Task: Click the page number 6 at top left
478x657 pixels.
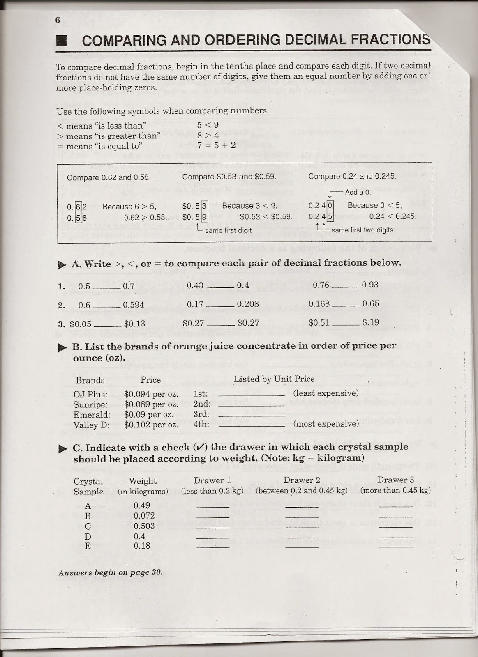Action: (58, 21)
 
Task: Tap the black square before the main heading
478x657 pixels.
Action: (62, 41)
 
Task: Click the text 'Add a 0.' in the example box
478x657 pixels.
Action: (358, 192)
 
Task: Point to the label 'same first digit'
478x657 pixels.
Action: (228, 230)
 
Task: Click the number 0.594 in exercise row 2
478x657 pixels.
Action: (134, 305)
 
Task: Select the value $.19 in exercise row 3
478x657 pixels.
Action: (371, 323)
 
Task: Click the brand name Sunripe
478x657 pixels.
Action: (90, 404)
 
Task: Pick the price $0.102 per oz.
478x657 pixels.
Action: (151, 425)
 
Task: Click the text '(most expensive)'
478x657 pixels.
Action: (326, 424)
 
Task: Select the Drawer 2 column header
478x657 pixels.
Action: (301, 480)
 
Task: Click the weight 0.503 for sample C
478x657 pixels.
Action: (144, 526)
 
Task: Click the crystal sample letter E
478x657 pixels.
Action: (88, 546)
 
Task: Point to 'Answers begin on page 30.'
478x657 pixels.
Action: (111, 572)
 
